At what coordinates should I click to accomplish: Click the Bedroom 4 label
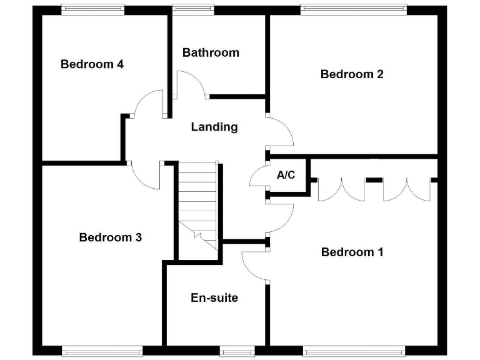tap(92, 64)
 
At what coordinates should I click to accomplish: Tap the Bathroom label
tap(211, 52)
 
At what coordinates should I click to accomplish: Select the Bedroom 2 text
tap(352, 74)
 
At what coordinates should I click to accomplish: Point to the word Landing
tap(214, 127)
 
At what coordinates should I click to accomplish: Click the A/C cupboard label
tap(286, 175)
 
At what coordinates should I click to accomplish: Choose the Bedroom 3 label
tap(111, 237)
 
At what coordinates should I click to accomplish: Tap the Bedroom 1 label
tap(352, 252)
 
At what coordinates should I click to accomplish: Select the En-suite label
tap(214, 297)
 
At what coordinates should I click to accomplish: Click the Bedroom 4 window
tap(92, 9)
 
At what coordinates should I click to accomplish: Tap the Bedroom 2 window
tap(353, 9)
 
